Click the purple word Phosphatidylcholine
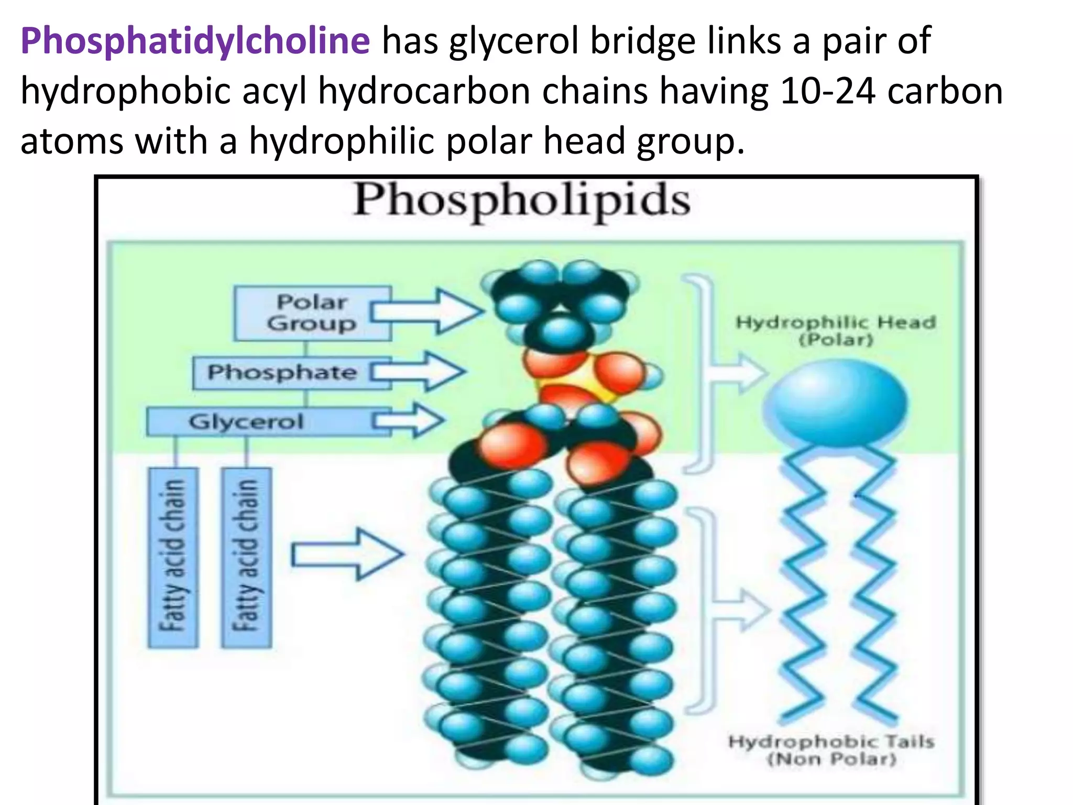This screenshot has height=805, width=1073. (195, 42)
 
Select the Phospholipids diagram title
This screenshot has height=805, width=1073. (522, 201)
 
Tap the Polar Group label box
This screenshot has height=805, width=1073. (312, 313)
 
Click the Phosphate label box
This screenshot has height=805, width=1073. (292, 373)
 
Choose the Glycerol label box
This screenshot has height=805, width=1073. (268, 422)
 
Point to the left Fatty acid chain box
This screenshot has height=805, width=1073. (173, 558)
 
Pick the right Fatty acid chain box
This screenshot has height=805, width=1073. (247, 558)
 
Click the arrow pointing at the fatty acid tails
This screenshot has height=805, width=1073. (348, 554)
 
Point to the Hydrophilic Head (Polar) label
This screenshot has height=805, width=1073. (836, 330)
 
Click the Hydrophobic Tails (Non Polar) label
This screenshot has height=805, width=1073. (831, 750)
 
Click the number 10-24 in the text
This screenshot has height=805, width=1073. (827, 91)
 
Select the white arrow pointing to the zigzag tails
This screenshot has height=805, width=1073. (741, 610)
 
